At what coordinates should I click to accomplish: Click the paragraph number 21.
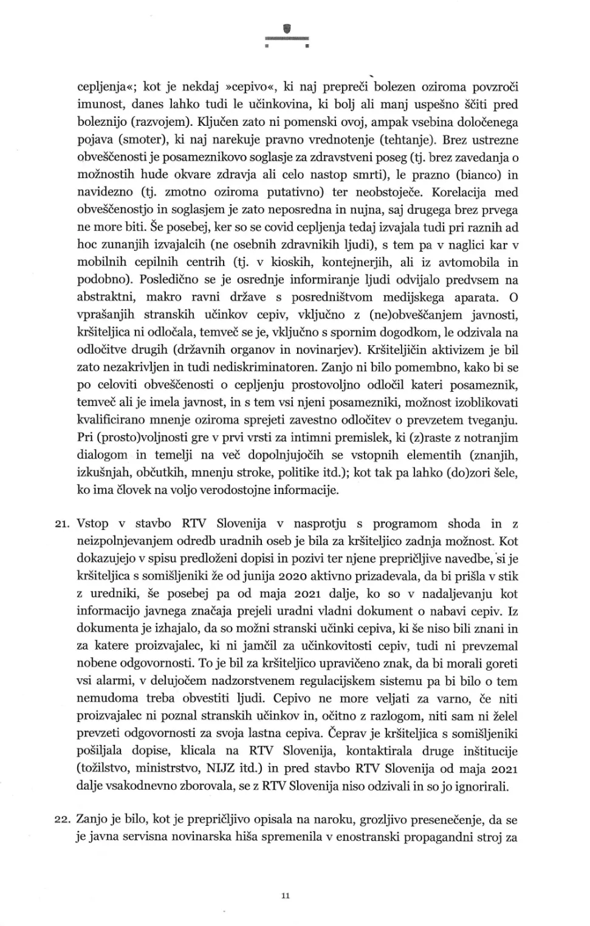[63, 524]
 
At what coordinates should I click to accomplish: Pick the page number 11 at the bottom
[286, 896]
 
